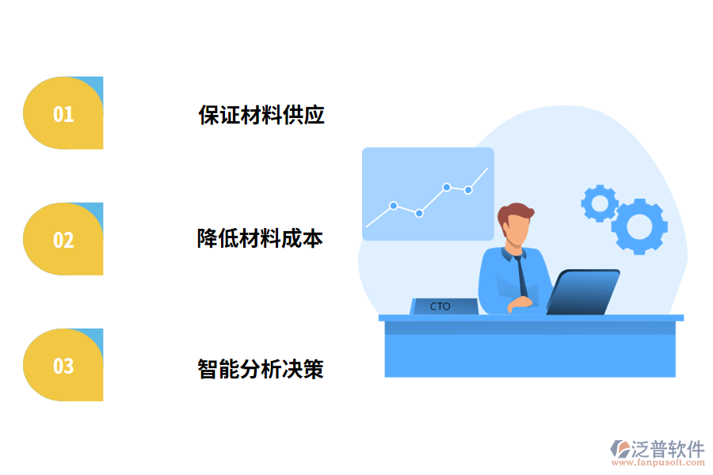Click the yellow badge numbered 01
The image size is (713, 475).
point(63,113)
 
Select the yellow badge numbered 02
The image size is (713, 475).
point(63,239)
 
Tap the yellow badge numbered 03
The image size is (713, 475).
point(63,365)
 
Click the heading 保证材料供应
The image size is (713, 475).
point(261,115)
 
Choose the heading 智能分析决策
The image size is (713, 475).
point(261,368)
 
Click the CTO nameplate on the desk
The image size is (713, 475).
point(441,306)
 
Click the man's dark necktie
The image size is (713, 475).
point(522,276)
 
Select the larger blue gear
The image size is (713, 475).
point(639,226)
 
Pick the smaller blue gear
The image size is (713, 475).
point(600,203)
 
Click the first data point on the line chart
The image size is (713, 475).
point(393,205)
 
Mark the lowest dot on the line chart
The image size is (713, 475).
point(419,213)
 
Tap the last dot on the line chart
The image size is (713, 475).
point(468,190)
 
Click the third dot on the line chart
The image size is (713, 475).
point(447,187)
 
